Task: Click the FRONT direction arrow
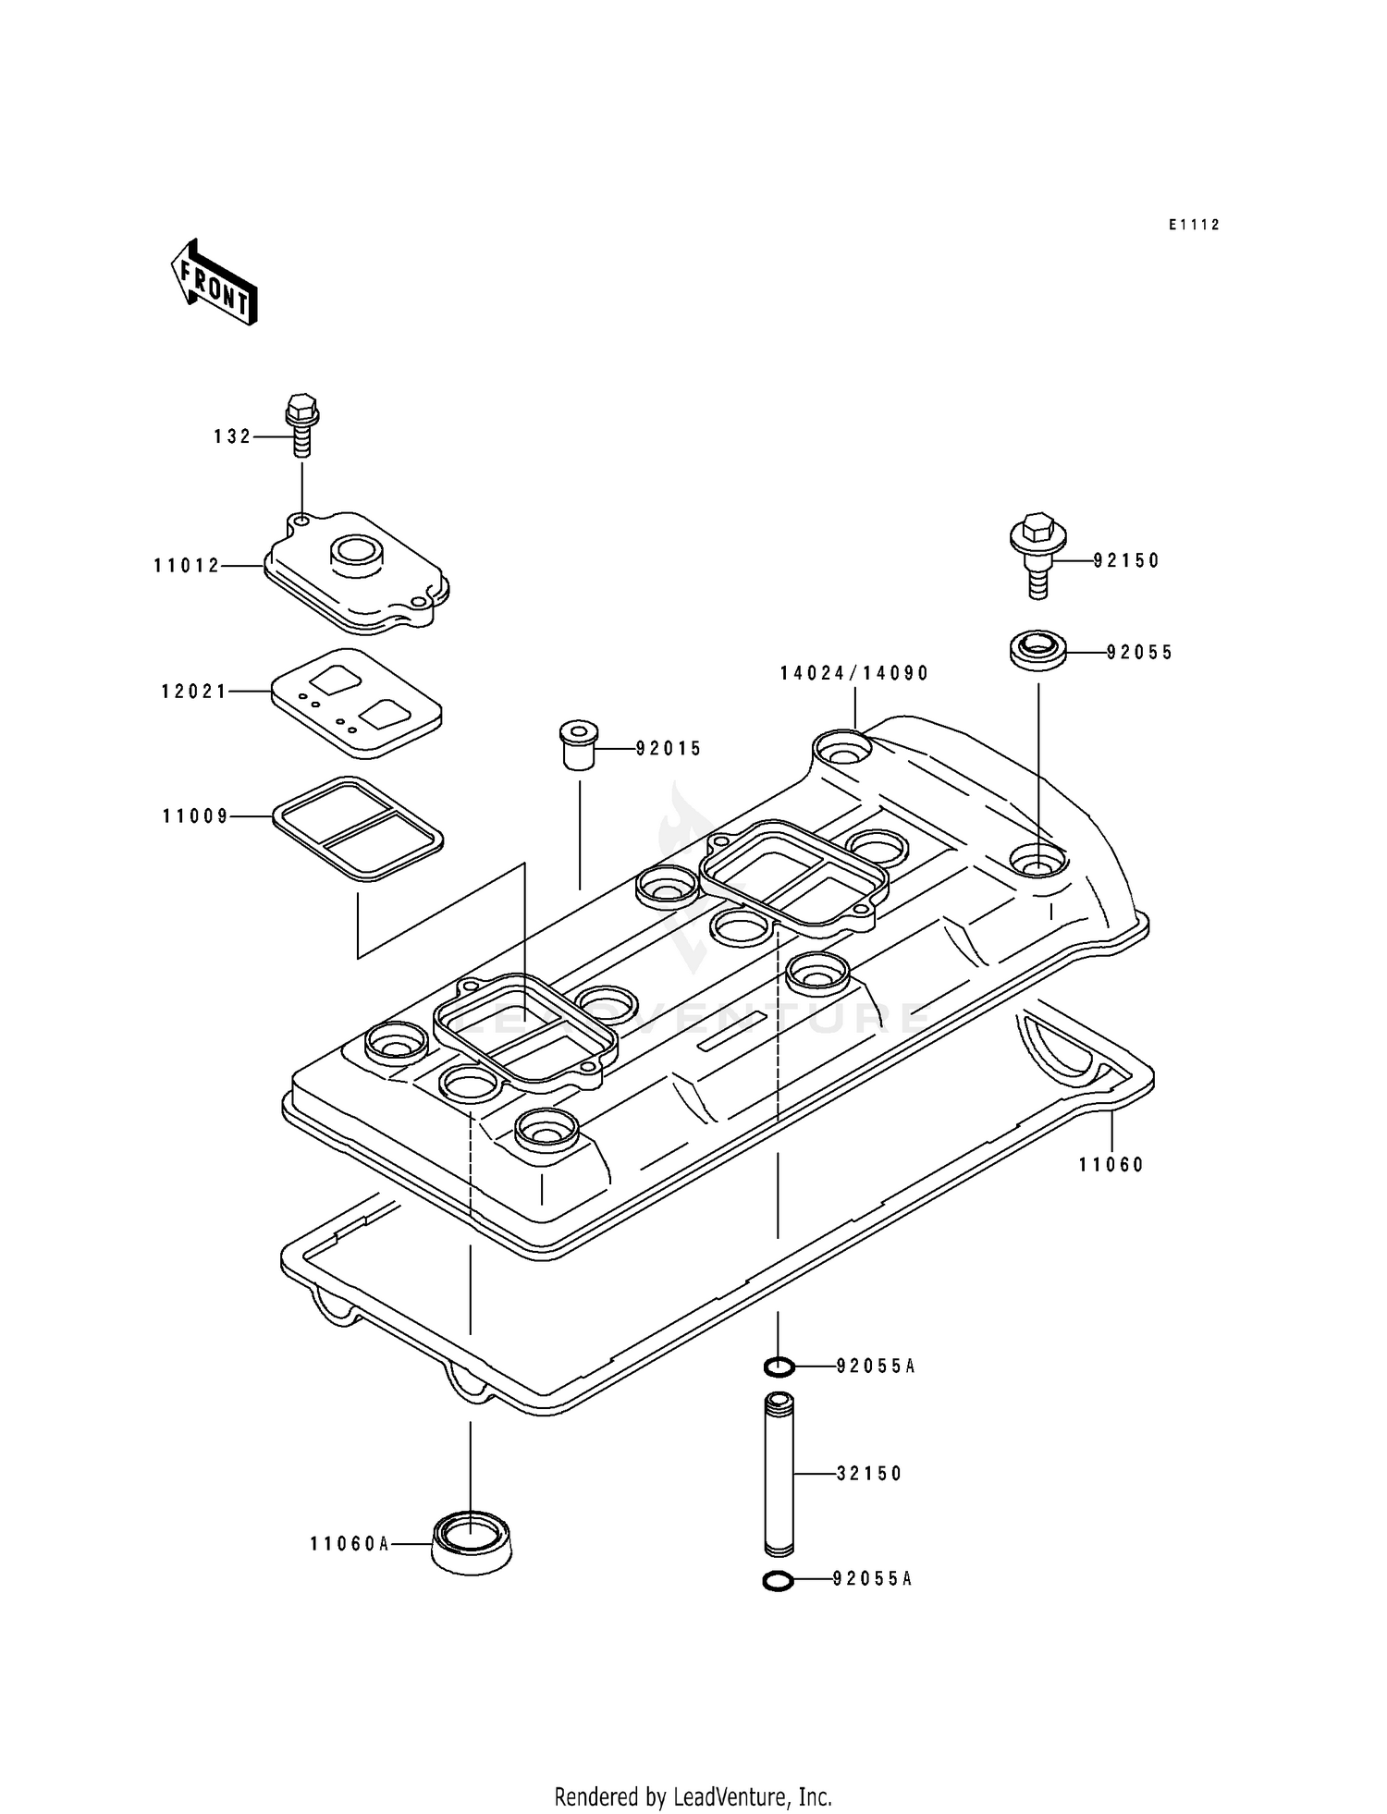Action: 214,282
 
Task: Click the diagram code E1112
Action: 1194,225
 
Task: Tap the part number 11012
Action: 187,565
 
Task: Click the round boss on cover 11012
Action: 355,551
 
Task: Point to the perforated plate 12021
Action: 356,703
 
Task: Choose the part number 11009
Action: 195,816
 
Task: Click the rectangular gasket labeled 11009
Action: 358,827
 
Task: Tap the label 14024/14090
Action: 853,673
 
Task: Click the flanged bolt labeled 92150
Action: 1037,554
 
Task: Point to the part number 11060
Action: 1111,1165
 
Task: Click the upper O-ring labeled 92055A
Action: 779,1366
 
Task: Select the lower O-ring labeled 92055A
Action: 779,1582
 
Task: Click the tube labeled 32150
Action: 779,1474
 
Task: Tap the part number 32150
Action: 869,1474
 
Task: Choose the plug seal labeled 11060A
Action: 471,1543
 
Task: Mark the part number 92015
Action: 669,749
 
